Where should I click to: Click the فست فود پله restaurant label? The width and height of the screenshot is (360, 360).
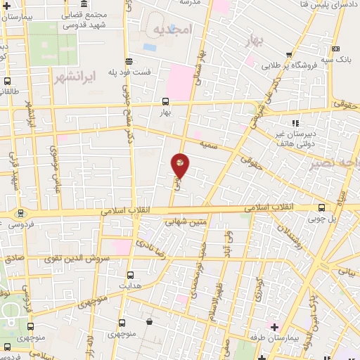(132, 72)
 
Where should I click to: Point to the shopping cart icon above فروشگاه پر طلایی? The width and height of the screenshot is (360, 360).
(288, 54)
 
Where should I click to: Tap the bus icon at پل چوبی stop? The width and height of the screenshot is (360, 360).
(322, 207)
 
